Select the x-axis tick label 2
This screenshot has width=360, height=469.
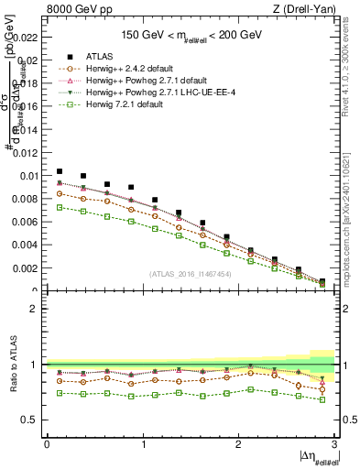coord(238,444)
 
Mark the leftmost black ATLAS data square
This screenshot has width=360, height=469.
coord(60,171)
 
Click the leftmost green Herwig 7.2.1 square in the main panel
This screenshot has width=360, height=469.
coord(60,207)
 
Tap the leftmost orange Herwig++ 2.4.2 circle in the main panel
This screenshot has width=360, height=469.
coord(60,193)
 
